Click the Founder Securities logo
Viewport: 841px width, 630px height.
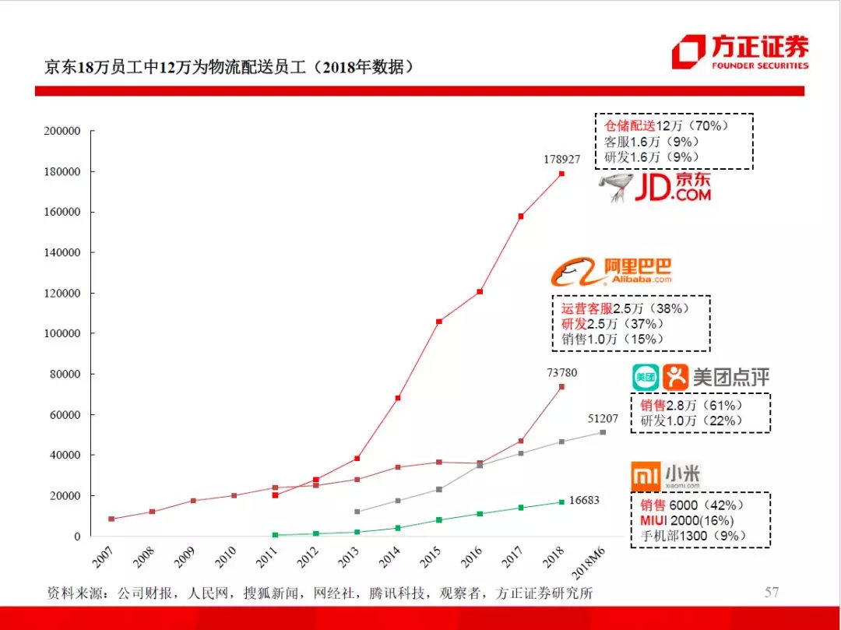click(740, 52)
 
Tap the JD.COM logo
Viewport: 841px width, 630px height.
click(656, 188)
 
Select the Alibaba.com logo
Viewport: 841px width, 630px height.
click(612, 271)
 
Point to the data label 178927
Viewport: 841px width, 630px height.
click(561, 159)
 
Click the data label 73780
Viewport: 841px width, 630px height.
click(561, 372)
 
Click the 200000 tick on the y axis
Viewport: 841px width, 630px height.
click(62, 132)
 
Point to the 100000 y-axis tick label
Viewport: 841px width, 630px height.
click(62, 334)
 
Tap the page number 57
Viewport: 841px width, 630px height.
click(771, 593)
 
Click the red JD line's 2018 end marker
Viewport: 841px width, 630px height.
click(561, 174)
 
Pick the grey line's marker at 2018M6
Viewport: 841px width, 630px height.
click(603, 432)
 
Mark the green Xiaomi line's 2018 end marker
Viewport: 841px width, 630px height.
click(561, 502)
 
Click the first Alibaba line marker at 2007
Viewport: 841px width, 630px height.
click(111, 519)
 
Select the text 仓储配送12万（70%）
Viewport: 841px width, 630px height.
click(665, 125)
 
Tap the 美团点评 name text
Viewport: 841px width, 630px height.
click(731, 378)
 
